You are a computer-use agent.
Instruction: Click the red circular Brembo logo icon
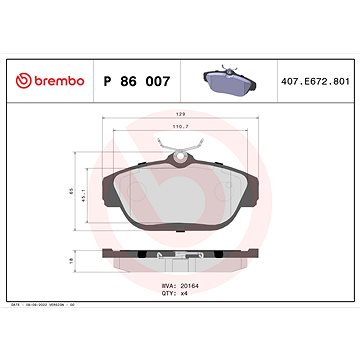tap(16, 79)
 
